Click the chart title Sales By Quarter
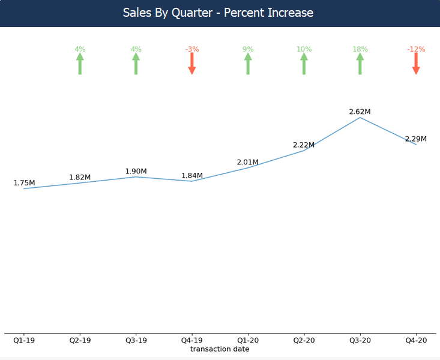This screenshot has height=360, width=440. tap(218, 13)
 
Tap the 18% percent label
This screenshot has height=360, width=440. tap(360, 49)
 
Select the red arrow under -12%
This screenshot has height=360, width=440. tap(416, 63)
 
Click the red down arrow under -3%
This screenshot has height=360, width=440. tap(192, 63)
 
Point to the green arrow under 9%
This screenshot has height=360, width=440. tap(248, 64)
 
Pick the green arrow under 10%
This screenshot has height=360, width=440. tap(304, 64)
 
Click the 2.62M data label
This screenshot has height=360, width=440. tap(360, 112)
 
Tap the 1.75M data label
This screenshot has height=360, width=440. tap(24, 183)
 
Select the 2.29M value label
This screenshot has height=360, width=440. tap(416, 139)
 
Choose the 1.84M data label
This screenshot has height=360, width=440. tap(192, 176)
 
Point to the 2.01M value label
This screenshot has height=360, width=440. tap(247, 162)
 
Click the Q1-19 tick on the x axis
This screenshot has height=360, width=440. tap(24, 340)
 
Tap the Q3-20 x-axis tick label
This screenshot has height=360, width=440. tap(360, 340)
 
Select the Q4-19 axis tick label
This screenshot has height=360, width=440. tap(192, 340)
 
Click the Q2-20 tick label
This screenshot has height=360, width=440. tap(304, 340)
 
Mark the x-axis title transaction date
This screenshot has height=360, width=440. tap(220, 349)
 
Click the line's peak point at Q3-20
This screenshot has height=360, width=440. tap(360, 118)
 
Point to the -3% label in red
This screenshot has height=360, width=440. tap(192, 49)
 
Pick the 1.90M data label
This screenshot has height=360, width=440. tap(136, 172)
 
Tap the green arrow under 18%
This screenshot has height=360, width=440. tap(360, 64)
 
